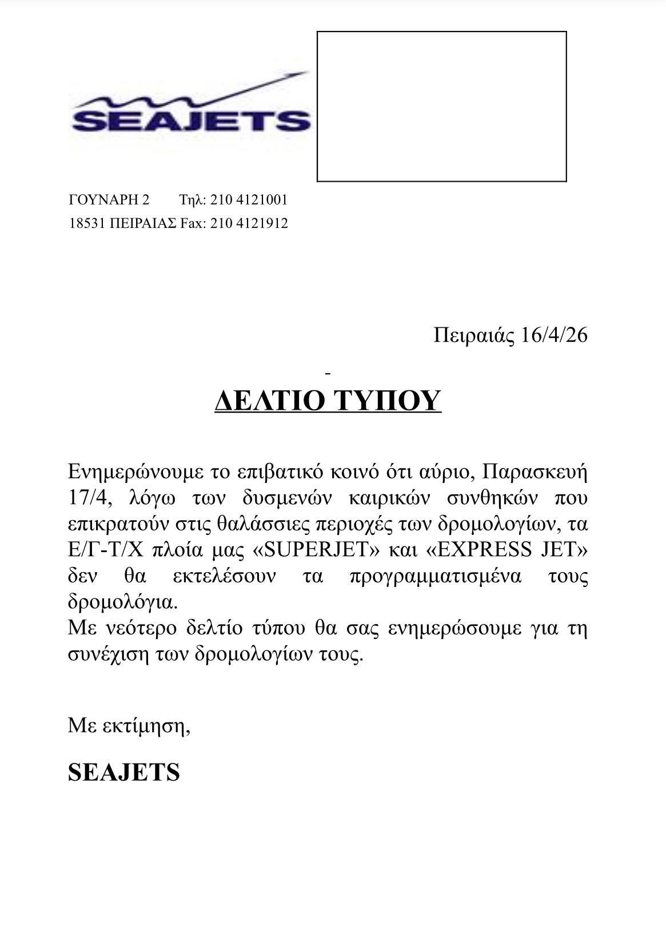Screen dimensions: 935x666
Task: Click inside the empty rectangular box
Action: coord(441,106)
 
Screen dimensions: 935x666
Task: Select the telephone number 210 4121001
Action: coord(249,200)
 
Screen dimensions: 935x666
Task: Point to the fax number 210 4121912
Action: coord(249,223)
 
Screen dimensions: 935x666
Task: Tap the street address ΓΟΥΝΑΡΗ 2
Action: coord(109,200)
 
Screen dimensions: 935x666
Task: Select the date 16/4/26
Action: coord(555,335)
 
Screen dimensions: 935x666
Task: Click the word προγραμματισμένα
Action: coord(435,576)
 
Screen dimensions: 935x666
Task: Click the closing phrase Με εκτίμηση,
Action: coord(129,726)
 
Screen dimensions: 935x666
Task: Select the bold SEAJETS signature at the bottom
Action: coord(124,773)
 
